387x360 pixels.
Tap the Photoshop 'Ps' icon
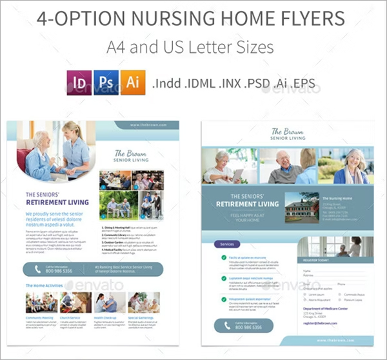pos(105,84)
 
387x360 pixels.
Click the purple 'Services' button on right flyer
pos(227,245)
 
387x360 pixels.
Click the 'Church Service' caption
pos(70,317)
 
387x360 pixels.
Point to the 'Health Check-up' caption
pos(105,317)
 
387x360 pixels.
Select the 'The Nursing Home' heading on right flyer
pos(338,198)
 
